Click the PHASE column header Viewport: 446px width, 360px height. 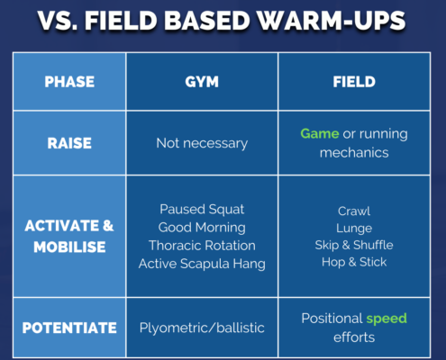[x=69, y=82]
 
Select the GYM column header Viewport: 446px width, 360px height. [x=202, y=82]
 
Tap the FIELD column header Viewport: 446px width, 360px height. [x=354, y=82]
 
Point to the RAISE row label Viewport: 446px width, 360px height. [x=69, y=143]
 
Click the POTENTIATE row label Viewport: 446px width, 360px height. [x=69, y=328]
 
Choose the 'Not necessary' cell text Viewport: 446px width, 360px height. [x=202, y=143]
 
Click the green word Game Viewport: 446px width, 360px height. [x=320, y=133]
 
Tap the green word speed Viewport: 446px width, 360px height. [x=387, y=319]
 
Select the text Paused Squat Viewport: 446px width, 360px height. [x=202, y=210]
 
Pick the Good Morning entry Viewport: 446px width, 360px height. [x=202, y=228]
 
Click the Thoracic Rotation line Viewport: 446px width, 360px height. [x=202, y=246]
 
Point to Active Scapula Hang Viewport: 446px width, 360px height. [x=202, y=264]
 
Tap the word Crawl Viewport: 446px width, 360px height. [x=354, y=211]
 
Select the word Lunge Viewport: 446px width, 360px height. [x=354, y=229]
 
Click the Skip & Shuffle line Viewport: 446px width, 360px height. [x=354, y=245]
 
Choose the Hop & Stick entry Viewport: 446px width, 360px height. [x=354, y=262]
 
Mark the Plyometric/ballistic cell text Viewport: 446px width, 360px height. [x=202, y=328]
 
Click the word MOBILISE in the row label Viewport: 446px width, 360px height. [x=69, y=247]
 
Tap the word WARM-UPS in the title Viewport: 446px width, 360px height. [x=332, y=21]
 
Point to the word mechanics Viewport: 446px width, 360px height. [x=354, y=153]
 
